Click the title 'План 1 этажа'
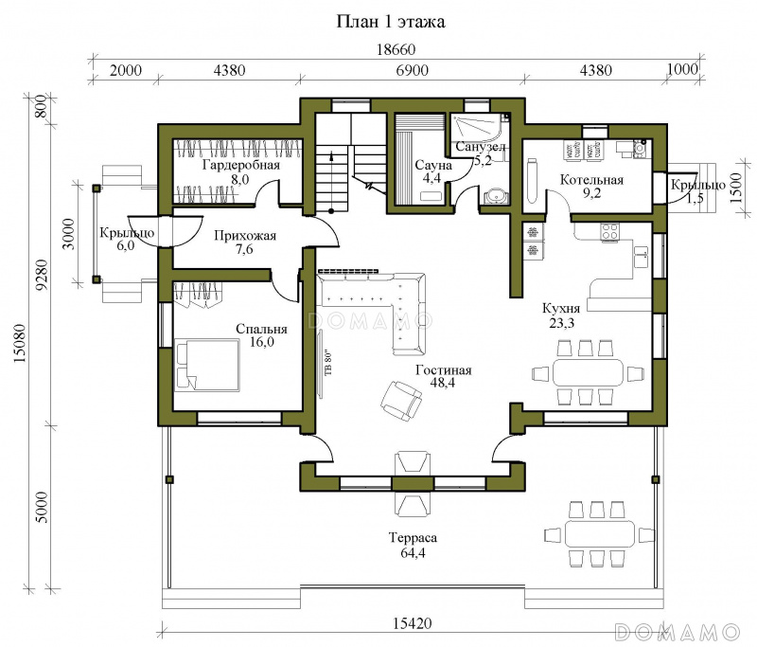click(391, 22)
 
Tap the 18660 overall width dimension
click(396, 50)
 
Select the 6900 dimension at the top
click(413, 70)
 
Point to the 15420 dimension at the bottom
click(412, 623)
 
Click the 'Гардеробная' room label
click(241, 165)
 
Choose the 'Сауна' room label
click(433, 165)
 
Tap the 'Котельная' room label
click(591, 180)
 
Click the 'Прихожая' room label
click(245, 236)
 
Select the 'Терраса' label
click(413, 538)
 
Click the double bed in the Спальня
click(207, 365)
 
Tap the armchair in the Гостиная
click(401, 398)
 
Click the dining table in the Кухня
click(588, 372)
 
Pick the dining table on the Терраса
click(600, 533)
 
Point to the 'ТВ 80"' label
click(328, 364)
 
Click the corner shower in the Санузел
click(482, 127)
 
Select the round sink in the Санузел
click(496, 196)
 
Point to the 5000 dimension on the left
click(43, 508)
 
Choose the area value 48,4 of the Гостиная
click(443, 383)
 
